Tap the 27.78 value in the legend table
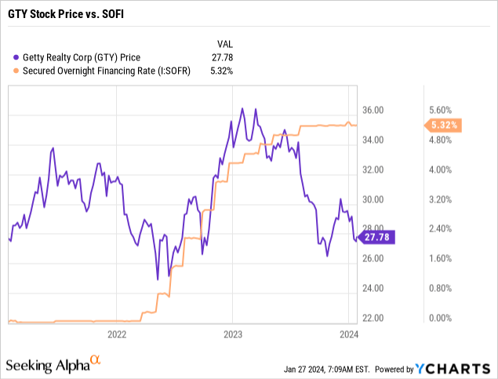[225, 56]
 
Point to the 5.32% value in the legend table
[221, 70]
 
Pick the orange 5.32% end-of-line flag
[442, 124]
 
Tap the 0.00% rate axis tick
[439, 318]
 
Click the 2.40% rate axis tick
[439, 229]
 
